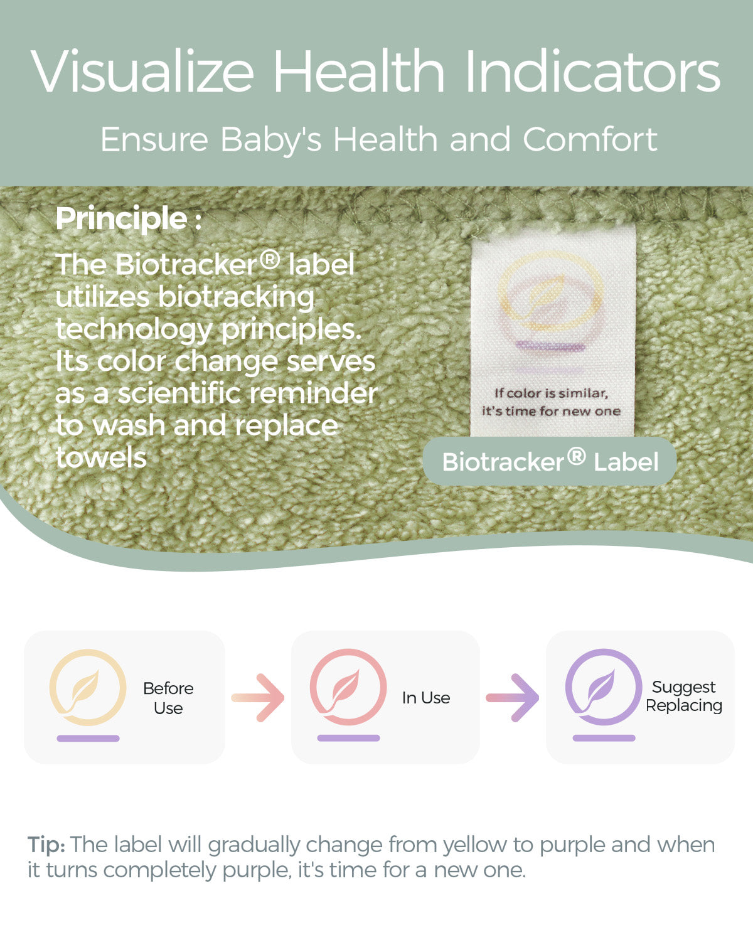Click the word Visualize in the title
(142, 71)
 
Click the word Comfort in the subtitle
(590, 139)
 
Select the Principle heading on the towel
(129, 218)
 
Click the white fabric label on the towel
(553, 331)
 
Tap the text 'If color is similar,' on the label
(551, 393)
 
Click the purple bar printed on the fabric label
(550, 347)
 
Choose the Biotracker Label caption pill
(550, 461)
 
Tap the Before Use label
(168, 698)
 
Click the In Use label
(426, 698)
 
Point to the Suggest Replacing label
(684, 697)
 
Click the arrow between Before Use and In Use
(258, 698)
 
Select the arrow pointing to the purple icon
(513, 698)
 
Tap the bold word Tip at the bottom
(46, 845)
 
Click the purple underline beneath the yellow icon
(88, 738)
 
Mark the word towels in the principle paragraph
(101, 457)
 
